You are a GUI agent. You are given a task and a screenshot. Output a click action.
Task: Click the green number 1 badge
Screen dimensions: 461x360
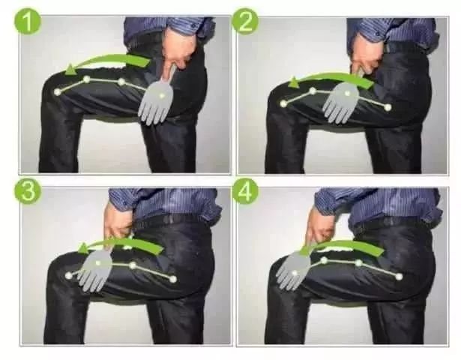pos(28,22)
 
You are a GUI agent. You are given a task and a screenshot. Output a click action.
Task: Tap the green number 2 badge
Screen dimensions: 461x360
pos(245,22)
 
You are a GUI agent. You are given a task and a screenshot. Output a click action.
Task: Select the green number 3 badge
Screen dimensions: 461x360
pos(28,191)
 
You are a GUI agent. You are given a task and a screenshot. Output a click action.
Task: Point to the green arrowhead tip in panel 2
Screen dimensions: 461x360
pos(289,85)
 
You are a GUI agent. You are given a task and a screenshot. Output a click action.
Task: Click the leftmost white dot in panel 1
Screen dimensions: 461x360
pos(58,91)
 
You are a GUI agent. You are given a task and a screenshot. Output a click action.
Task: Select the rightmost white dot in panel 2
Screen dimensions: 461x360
pos(388,107)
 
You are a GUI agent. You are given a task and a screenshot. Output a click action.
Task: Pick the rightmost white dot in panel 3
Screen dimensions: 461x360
pos(173,279)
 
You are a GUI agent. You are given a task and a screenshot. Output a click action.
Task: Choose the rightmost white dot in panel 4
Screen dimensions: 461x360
pos(399,277)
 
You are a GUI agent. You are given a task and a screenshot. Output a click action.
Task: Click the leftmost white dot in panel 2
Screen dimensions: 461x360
pos(283,103)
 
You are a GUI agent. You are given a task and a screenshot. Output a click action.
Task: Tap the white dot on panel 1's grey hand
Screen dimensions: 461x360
pos(161,95)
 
